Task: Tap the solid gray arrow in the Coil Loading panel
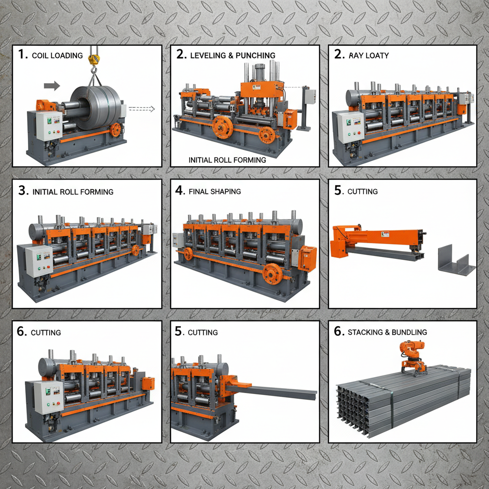[x=52, y=86]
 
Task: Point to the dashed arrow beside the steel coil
[x=142, y=109]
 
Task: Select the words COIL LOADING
[x=57, y=55]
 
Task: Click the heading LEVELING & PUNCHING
[x=233, y=55]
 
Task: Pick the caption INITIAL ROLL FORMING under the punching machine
[x=227, y=160]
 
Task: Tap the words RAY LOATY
[x=368, y=55]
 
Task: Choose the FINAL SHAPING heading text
[x=215, y=191]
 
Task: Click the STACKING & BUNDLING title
[x=387, y=332]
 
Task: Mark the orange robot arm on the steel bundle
[x=413, y=356]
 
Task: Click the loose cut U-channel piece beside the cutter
[x=456, y=260]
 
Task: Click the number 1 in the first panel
[x=22, y=54]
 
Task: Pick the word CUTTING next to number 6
[x=46, y=332]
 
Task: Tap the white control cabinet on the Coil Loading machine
[x=49, y=125]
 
